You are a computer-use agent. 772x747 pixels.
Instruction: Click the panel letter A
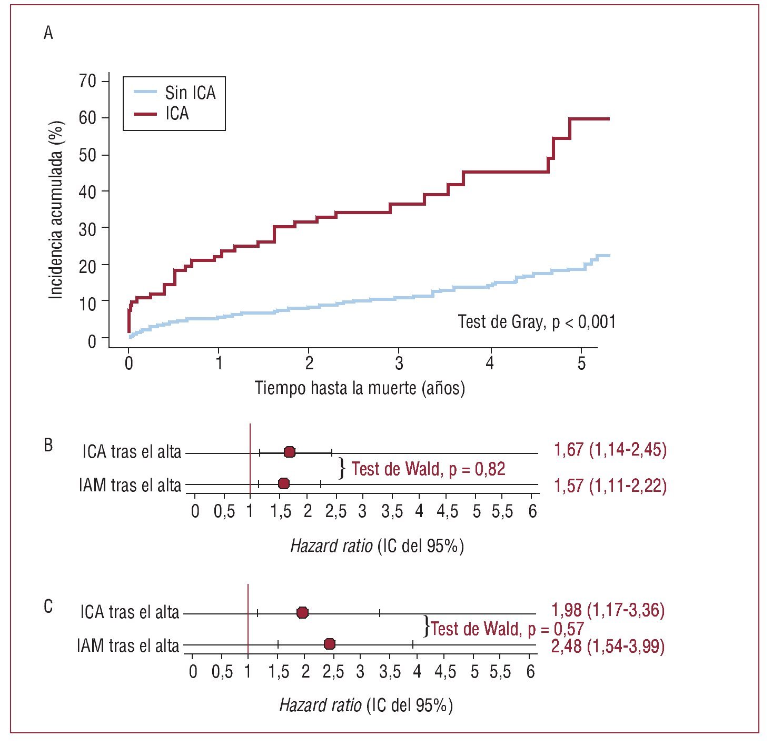[48, 34]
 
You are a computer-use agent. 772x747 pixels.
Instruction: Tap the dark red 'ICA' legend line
[145, 114]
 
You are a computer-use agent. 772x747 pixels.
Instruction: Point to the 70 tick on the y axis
[87, 81]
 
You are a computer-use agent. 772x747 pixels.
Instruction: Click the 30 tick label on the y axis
[87, 228]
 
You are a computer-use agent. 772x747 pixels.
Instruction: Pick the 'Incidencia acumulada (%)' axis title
[56, 210]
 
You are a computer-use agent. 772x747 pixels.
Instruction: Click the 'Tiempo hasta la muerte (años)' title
[360, 388]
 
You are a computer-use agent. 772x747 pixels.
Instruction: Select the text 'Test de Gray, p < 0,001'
[536, 321]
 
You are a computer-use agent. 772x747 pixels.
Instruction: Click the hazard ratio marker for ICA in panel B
[289, 452]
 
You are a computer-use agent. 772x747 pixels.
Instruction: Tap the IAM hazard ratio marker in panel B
[284, 484]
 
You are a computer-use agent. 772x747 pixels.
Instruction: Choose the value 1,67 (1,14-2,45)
[610, 450]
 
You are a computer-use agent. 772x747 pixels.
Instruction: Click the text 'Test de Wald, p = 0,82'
[428, 469]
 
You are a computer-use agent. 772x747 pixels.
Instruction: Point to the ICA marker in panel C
[302, 612]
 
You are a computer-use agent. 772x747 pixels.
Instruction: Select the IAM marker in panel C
[329, 644]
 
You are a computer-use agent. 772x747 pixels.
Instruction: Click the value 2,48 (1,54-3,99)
[608, 645]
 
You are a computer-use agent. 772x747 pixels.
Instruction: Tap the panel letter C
[48, 607]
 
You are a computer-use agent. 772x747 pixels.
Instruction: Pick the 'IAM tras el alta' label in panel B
[130, 485]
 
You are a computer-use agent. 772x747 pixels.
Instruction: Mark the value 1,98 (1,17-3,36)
[608, 610]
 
